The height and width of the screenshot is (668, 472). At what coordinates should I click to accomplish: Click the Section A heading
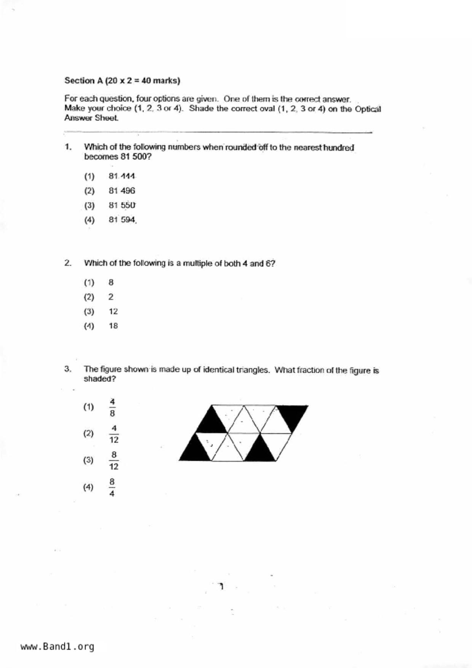(x=122, y=81)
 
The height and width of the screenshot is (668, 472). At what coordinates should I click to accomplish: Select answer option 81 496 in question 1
(x=122, y=191)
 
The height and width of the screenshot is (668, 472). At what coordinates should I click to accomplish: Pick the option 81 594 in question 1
(x=122, y=220)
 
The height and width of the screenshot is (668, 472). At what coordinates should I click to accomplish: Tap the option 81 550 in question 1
(x=122, y=205)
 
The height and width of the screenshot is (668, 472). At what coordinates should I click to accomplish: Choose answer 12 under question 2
(x=113, y=312)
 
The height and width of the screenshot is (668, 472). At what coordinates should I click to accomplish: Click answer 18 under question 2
(x=113, y=326)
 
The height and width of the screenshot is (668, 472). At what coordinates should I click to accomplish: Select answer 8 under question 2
(x=111, y=283)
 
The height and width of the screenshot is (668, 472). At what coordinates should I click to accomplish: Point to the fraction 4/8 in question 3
(x=112, y=408)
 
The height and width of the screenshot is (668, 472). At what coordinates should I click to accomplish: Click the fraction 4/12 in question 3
(x=114, y=434)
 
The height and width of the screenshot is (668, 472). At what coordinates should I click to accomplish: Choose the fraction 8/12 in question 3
(x=114, y=461)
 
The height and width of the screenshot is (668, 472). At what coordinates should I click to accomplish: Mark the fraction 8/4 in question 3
(x=112, y=487)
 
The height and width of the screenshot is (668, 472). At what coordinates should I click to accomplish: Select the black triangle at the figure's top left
(x=211, y=423)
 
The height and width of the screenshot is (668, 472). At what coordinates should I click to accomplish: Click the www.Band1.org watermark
(x=57, y=647)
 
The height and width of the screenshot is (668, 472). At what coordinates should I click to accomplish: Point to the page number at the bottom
(x=221, y=586)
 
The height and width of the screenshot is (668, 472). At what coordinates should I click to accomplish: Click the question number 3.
(x=68, y=369)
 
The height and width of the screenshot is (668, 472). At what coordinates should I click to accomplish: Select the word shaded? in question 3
(x=100, y=379)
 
